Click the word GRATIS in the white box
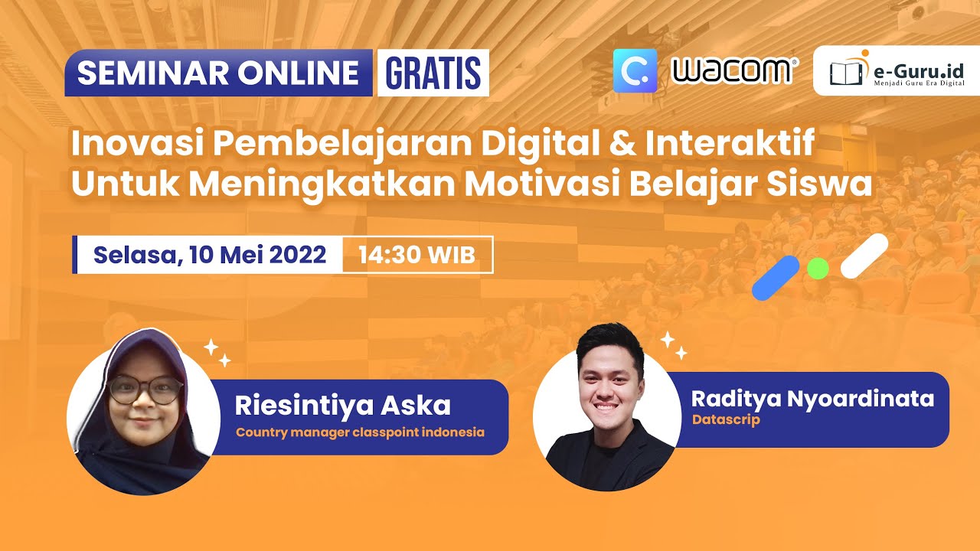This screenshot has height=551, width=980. point(433,73)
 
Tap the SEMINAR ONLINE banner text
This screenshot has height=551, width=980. point(218,73)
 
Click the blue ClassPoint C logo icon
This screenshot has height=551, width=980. point(635,70)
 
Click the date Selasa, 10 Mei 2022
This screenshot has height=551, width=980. point(210,255)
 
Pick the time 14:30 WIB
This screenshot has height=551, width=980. point(416,256)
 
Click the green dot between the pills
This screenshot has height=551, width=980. point(818,268)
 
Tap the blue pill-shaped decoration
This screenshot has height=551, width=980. point(776,278)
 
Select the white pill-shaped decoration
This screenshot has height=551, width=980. point(864,256)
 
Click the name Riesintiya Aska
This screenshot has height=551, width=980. point(342,406)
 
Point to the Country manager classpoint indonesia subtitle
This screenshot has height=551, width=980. point(360,432)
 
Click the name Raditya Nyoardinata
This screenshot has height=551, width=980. point(812,399)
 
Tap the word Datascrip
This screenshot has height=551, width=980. point(726,420)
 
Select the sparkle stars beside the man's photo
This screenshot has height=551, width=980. point(674,345)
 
